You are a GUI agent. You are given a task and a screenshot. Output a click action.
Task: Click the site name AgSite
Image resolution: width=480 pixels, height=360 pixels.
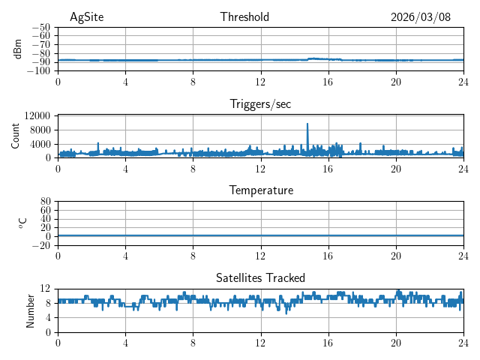[x=86, y=17]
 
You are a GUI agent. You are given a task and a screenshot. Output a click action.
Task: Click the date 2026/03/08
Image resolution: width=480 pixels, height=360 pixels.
[x=421, y=17]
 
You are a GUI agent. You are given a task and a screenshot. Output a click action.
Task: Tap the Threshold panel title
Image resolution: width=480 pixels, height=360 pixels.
[x=244, y=17]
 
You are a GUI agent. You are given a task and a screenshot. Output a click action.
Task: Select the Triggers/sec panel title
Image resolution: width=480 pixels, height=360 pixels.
[x=260, y=104]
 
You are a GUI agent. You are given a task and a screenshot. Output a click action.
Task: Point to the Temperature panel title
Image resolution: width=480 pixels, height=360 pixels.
[x=260, y=190]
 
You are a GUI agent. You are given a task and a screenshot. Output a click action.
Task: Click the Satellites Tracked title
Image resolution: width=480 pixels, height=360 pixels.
[x=260, y=277]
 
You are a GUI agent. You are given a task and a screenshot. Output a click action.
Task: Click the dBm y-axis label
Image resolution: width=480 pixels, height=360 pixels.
[x=18, y=49]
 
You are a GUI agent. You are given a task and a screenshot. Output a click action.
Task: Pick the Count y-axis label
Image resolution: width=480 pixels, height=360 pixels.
[x=15, y=136]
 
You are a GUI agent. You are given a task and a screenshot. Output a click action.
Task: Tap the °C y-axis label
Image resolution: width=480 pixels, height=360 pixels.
[x=22, y=223]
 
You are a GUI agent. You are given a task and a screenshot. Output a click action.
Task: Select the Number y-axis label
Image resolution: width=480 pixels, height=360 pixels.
[x=31, y=310]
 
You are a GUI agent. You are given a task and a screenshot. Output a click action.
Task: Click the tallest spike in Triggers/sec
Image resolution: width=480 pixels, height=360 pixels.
[x=307, y=124]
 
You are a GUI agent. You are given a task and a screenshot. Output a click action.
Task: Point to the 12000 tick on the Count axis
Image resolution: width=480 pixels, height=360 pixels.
[x=37, y=116]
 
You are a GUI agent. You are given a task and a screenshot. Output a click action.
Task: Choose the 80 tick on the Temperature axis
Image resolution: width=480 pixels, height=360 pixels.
[x=45, y=202]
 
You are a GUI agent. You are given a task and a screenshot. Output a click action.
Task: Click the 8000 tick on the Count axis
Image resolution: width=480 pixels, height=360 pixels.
[x=39, y=130]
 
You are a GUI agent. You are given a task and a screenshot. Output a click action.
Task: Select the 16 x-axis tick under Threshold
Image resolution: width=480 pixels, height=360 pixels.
[x=328, y=82]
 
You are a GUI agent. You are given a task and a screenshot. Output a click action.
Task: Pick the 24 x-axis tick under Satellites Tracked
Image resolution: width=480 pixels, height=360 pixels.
[x=463, y=343]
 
